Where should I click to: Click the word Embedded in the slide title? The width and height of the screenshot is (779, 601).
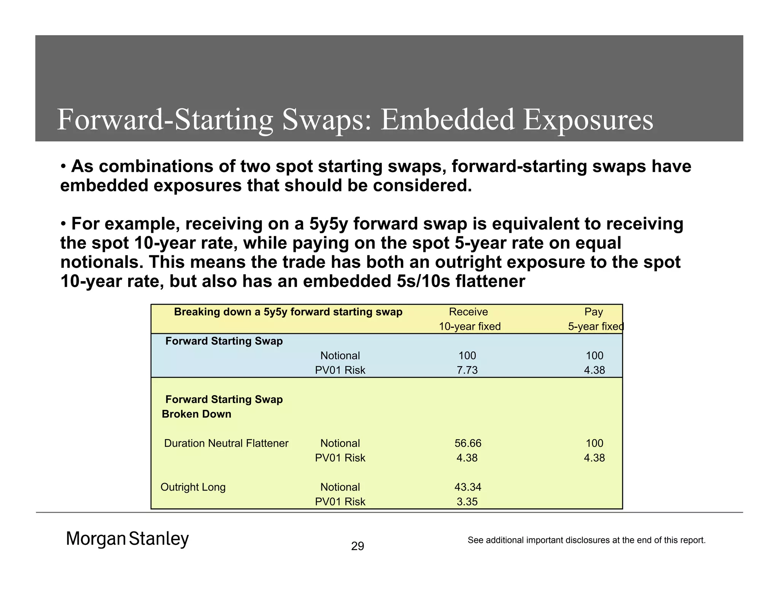tap(447, 120)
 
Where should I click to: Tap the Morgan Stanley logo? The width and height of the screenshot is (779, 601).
tap(127, 539)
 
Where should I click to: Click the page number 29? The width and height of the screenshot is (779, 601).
tap(358, 546)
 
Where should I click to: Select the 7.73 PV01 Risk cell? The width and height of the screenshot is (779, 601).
tap(467, 370)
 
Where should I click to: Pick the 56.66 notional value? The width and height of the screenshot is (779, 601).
tap(468, 443)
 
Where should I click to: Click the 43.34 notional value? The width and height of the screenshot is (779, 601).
tap(468, 487)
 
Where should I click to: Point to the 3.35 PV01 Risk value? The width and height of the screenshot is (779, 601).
tap(467, 501)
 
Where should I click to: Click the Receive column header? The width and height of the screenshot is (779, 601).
tap(468, 312)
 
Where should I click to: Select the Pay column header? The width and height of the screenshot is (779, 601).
tap(593, 312)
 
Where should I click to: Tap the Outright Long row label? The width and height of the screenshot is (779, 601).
tap(193, 487)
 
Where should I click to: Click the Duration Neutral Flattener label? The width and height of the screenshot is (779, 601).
tap(226, 443)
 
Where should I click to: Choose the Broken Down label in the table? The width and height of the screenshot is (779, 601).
tap(197, 414)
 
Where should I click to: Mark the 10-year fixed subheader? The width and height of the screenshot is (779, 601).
tap(470, 326)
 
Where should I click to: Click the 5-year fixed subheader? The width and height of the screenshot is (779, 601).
tap(595, 326)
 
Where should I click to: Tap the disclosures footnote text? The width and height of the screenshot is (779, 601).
tap(587, 540)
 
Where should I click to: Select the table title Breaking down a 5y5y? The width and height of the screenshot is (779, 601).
tap(288, 312)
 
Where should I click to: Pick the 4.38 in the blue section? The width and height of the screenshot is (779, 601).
tap(594, 370)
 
